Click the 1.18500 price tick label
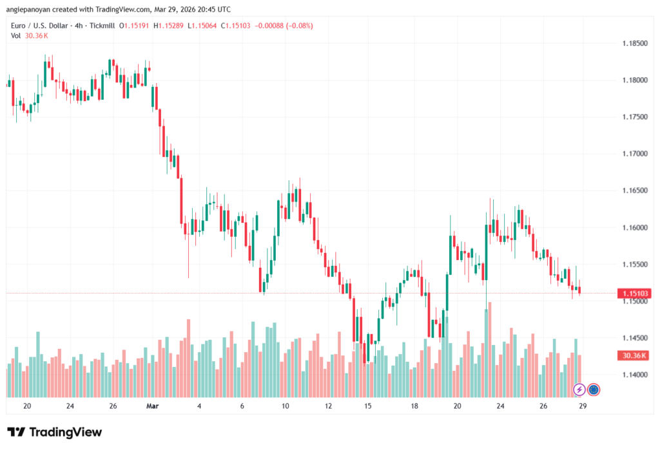(x=634, y=43)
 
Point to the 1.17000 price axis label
(x=634, y=154)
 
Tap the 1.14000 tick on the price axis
(x=634, y=375)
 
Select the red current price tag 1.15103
(x=634, y=294)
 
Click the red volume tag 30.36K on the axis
(x=634, y=355)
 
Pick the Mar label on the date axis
(x=153, y=406)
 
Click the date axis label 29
(x=582, y=406)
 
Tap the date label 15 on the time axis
(x=368, y=406)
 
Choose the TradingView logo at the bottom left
(x=55, y=432)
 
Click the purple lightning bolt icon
(x=579, y=389)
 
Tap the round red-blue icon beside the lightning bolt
(x=594, y=389)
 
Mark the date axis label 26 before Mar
(x=113, y=406)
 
